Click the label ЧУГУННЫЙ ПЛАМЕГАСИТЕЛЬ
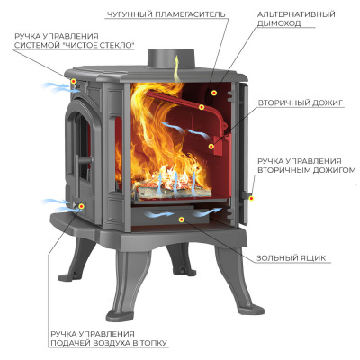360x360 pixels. click(166, 13)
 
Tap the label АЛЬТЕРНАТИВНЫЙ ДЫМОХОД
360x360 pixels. click(296, 19)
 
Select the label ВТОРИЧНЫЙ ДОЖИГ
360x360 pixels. click(300, 103)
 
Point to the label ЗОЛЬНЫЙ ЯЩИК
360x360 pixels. click(291, 258)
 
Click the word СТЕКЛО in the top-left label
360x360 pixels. click(114, 45)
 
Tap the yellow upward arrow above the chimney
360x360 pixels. click(177, 68)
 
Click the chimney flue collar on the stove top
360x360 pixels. click(171, 58)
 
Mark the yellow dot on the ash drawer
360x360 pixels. click(181, 220)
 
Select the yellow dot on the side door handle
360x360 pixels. click(251, 198)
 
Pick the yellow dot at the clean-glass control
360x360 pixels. click(73, 81)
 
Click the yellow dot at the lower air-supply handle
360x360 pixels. click(81, 206)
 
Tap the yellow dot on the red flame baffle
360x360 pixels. click(202, 107)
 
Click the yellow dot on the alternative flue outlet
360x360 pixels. click(213, 93)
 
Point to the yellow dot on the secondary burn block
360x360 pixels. click(211, 147)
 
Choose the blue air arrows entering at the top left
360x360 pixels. click(57, 87)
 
